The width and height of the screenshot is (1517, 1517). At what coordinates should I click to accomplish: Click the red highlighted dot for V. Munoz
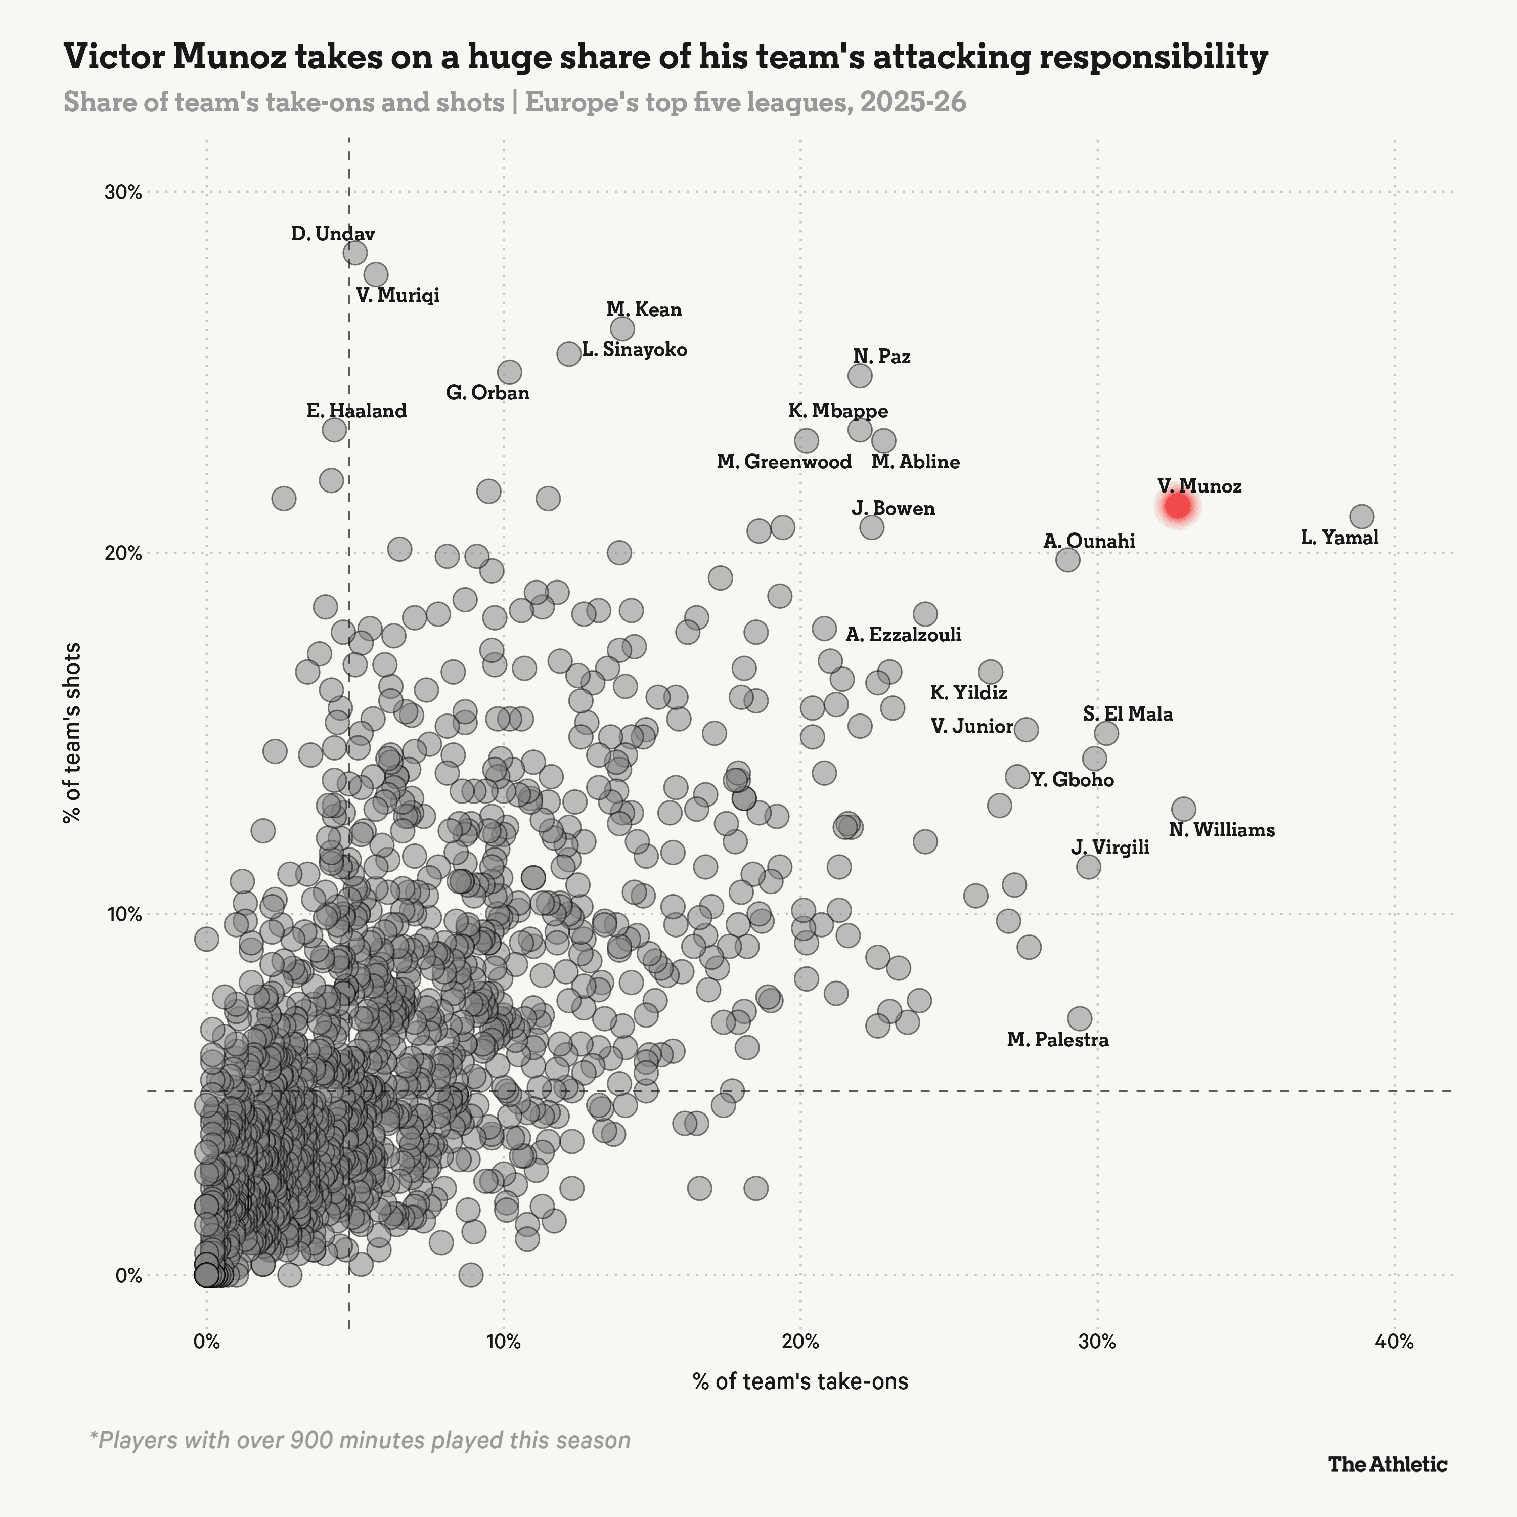pos(1178,506)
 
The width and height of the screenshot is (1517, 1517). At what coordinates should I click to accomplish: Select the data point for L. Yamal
pos(1362,517)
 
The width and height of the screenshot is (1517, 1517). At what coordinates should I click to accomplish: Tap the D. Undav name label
pos(333,233)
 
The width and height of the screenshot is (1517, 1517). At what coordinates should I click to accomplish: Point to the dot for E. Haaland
pos(334,429)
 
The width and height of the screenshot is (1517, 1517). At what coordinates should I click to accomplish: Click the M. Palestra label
pos(1058,1040)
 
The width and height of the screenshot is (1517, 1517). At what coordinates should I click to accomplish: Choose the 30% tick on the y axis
pos(123,192)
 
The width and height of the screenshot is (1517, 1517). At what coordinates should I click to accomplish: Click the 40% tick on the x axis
pos(1395,1341)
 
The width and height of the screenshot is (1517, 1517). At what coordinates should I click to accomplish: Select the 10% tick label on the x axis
pos(503,1341)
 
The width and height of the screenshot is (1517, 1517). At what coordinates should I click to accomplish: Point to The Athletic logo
pos(1388,1463)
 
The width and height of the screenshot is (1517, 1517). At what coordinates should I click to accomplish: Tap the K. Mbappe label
pos(838,411)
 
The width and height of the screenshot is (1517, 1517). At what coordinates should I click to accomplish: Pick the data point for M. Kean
pos(622,328)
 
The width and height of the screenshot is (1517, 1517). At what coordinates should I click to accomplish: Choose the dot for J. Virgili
pos(1088,867)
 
